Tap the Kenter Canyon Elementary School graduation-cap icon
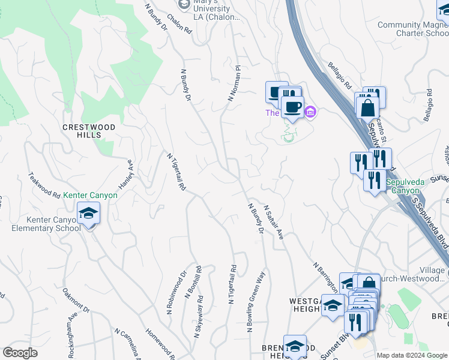[88, 214]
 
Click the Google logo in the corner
[20, 353]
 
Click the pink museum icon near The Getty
[310, 112]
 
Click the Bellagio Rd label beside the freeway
[340, 74]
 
